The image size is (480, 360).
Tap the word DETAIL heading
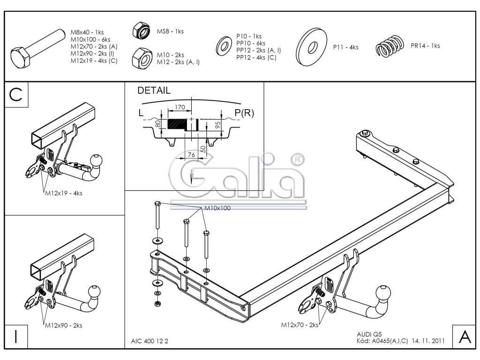pyautogui.click(x=154, y=91)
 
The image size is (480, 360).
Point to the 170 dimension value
pyautogui.click(x=179, y=107)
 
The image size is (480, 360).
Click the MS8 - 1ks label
pyautogui.click(x=170, y=31)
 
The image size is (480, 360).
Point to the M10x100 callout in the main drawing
pyautogui.click(x=217, y=208)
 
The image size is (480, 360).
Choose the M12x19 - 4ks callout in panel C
pyautogui.click(x=63, y=193)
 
